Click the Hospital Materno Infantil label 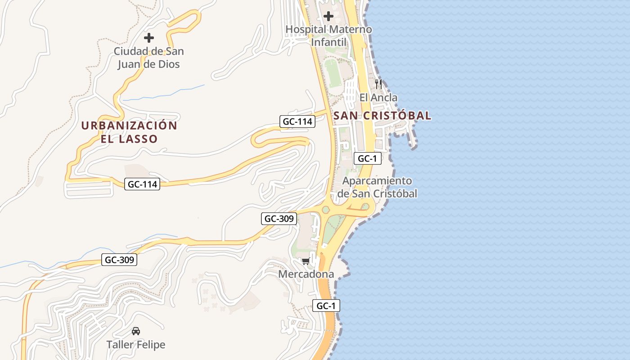pos(329,36)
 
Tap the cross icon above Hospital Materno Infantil pos(328,17)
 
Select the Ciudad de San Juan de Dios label pos(148,58)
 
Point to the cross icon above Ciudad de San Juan pos(148,38)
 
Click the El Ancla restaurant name pos(378,97)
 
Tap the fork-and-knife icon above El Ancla pos(378,84)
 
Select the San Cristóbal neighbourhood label pos(382,116)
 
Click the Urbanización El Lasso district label pos(129,132)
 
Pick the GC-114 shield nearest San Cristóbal pos(297,121)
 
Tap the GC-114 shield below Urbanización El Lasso pos(142,184)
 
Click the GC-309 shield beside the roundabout pos(279,219)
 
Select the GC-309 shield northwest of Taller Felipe pos(119,260)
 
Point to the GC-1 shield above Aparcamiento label pos(368,158)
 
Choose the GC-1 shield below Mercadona pos(326,306)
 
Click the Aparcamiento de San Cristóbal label pos(377,187)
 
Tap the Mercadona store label pos(306,274)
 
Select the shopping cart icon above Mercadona pos(306,261)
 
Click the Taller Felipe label pos(136,345)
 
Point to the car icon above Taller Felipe pos(135,331)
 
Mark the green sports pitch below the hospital pos(333,73)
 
